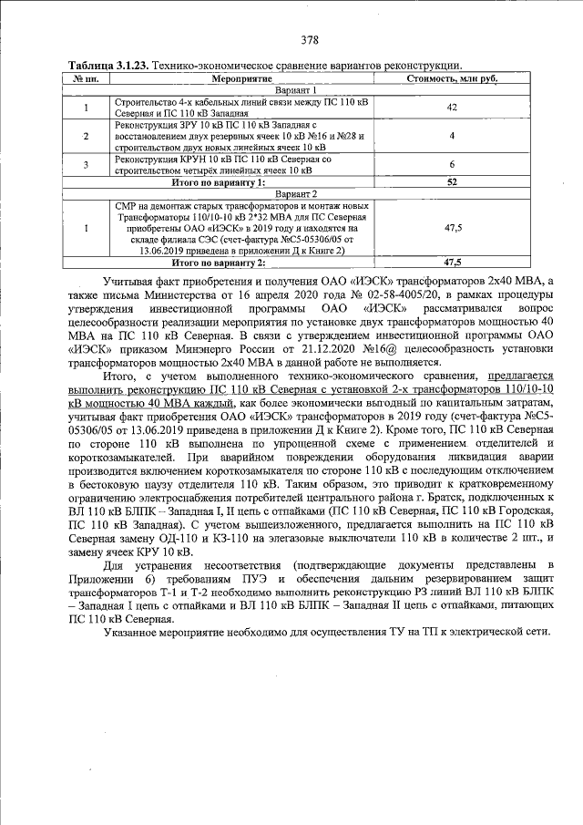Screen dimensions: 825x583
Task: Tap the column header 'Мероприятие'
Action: tap(235, 79)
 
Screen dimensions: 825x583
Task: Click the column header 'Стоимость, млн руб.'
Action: tap(452, 79)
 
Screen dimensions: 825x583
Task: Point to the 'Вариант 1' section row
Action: tap(295, 91)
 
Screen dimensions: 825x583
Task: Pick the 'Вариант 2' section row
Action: tap(295, 194)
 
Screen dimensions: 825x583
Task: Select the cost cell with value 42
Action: tap(452, 108)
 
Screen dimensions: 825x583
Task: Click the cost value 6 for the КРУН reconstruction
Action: tap(452, 164)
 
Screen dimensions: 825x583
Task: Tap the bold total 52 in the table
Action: tap(452, 182)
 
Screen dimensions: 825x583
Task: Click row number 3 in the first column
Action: tap(85, 165)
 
